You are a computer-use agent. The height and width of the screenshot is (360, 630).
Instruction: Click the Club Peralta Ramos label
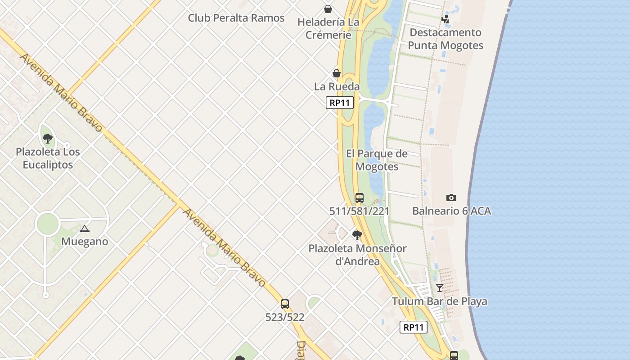pyautogui.click(x=236, y=18)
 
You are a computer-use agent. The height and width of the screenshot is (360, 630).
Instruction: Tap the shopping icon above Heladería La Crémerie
pyautogui.click(x=328, y=9)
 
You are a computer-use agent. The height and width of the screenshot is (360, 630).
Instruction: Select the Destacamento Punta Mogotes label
pyautogui.click(x=445, y=39)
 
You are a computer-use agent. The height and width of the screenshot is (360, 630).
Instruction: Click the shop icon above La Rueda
pyautogui.click(x=336, y=73)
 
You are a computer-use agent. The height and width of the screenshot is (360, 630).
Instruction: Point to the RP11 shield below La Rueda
pyautogui.click(x=340, y=103)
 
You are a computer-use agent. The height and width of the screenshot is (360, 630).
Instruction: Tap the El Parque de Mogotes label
pyautogui.click(x=377, y=160)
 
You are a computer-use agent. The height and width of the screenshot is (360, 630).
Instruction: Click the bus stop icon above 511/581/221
pyautogui.click(x=359, y=198)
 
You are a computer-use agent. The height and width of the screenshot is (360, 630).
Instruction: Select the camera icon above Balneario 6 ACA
pyautogui.click(x=451, y=198)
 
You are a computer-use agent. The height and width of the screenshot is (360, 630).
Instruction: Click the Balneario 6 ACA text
pyautogui.click(x=451, y=211)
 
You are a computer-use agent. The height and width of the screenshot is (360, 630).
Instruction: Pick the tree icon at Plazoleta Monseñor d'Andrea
pyautogui.click(x=357, y=234)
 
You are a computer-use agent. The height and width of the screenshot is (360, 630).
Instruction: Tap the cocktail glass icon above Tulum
pyautogui.click(x=440, y=288)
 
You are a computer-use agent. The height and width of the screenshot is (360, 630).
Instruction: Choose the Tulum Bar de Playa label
pyautogui.click(x=439, y=301)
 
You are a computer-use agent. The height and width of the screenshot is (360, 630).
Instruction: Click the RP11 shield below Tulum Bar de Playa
pyautogui.click(x=413, y=327)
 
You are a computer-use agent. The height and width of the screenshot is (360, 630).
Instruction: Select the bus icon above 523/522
pyautogui.click(x=284, y=304)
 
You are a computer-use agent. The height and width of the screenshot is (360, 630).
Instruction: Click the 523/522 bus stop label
pyautogui.click(x=285, y=317)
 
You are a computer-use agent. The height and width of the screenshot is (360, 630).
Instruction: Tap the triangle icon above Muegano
pyautogui.click(x=84, y=229)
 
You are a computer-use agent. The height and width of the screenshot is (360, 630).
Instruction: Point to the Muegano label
pyautogui.click(x=85, y=242)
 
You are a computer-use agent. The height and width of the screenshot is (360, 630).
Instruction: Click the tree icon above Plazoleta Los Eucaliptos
pyautogui.click(x=47, y=139)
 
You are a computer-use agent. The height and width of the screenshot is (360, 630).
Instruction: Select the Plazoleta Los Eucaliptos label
pyautogui.click(x=48, y=158)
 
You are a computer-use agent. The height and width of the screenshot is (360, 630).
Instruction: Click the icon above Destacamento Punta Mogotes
pyautogui.click(x=445, y=19)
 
